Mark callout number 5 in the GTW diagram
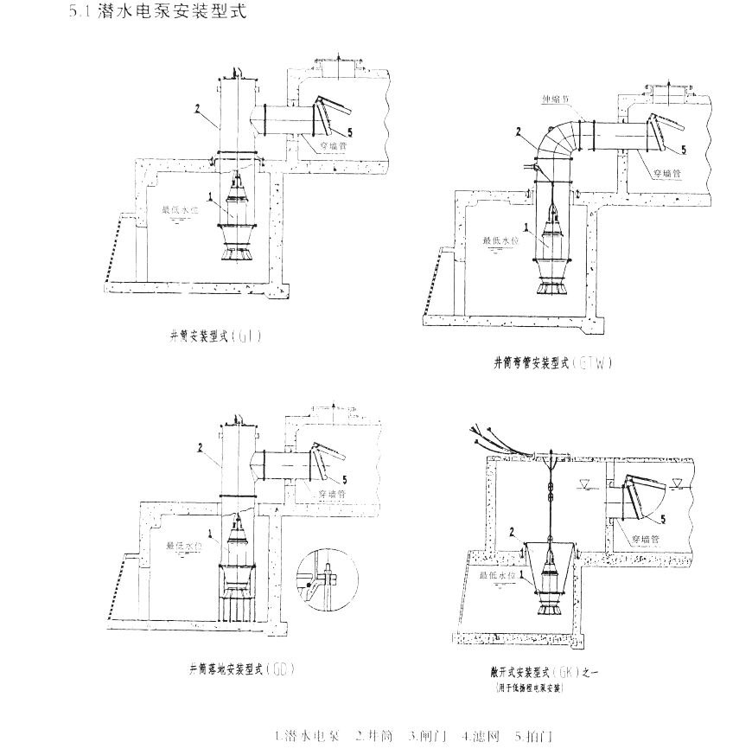(683, 150)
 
